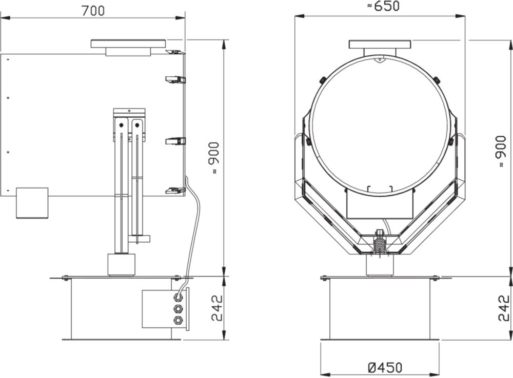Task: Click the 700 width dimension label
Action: click(93, 11)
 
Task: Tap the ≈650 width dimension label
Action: click(383, 6)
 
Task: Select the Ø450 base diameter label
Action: click(385, 368)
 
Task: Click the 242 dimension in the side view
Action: click(216, 308)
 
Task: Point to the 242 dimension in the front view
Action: click(504, 308)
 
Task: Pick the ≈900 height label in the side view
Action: click(214, 157)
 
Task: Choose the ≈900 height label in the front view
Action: click(501, 151)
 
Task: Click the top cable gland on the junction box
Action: click(179, 297)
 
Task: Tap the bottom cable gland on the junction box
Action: click(179, 320)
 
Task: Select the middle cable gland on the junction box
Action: click(179, 309)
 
